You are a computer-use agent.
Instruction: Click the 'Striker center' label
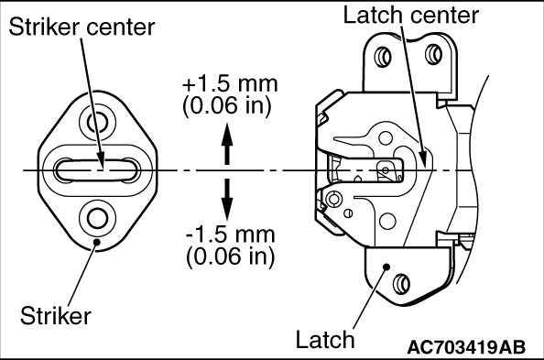[x=82, y=27]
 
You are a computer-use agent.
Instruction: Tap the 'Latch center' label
[x=411, y=16]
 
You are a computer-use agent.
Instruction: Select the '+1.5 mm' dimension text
[x=230, y=84]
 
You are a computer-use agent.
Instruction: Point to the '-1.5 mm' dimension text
[x=231, y=235]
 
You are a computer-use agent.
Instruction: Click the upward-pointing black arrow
[x=227, y=144]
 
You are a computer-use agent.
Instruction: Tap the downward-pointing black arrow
[x=227, y=200]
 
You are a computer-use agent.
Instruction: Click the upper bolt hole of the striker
[x=97, y=122]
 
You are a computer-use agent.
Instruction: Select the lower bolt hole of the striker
[x=97, y=218]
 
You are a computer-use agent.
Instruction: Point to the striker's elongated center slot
[x=97, y=170]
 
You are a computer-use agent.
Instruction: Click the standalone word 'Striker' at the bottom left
[x=56, y=316]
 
